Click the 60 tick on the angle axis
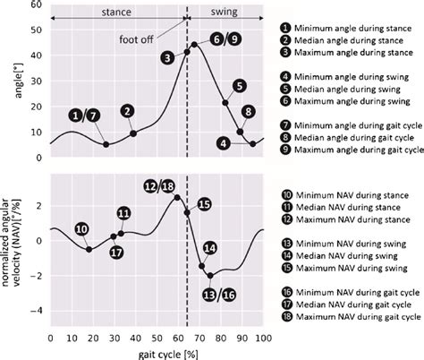click(38, 5)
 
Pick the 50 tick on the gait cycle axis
click(157, 338)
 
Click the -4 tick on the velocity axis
click(36, 311)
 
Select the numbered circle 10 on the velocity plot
click(81, 229)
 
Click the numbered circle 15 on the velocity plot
click(203, 204)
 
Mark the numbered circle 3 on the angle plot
click(167, 57)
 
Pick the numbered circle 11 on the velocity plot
click(123, 213)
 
